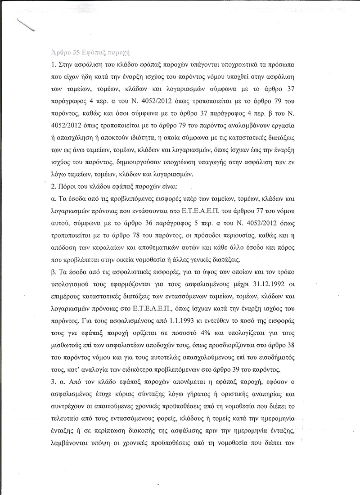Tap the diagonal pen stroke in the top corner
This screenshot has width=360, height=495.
(x=26, y=25)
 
